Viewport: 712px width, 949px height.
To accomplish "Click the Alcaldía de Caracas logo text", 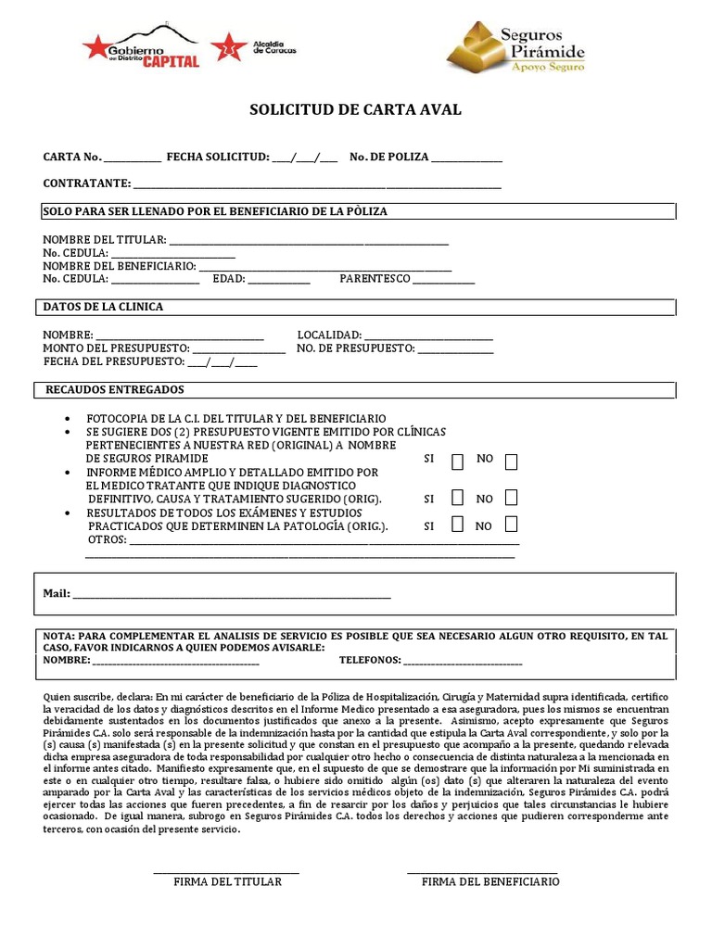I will (x=274, y=47).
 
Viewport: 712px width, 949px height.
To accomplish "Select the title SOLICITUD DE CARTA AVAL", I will (x=355, y=109).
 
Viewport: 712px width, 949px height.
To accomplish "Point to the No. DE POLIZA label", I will (x=389, y=158).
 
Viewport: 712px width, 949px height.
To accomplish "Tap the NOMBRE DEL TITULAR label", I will (x=105, y=240).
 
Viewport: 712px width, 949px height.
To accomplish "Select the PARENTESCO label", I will (x=375, y=279).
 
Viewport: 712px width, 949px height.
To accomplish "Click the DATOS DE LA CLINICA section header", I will (x=103, y=307).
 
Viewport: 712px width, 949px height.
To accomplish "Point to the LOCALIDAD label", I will (x=329, y=335).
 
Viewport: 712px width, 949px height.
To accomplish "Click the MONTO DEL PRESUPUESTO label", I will (x=116, y=348).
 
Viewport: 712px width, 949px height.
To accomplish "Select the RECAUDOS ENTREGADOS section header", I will (x=115, y=390).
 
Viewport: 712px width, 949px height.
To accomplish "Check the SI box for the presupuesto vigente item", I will (x=457, y=462).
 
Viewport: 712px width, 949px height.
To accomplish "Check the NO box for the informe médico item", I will (x=511, y=499).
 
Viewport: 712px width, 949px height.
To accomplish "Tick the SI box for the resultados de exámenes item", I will (x=457, y=525).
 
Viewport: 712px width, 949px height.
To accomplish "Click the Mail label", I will (x=57, y=594).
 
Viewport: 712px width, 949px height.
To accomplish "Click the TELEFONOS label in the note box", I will (x=370, y=660).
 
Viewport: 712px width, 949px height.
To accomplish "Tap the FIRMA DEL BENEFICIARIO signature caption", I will (x=490, y=881).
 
